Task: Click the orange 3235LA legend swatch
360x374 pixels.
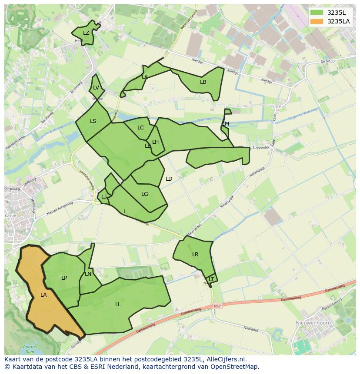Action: (317, 21)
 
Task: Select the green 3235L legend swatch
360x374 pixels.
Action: (317, 12)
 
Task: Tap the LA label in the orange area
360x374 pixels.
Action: (43, 295)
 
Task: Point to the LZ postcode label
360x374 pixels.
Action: (86, 33)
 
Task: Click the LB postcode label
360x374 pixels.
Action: (203, 82)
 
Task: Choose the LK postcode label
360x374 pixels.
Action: (145, 77)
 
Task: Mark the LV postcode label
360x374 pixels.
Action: (96, 88)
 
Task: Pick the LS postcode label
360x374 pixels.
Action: (93, 121)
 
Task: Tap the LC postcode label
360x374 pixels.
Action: (140, 128)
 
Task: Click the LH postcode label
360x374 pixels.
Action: (155, 142)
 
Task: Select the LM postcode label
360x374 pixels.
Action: (226, 124)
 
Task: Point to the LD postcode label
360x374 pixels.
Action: (169, 179)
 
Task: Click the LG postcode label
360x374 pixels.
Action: (145, 194)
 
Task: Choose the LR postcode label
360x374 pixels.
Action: (195, 255)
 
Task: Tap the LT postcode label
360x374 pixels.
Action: (212, 279)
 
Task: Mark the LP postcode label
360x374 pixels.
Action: (64, 278)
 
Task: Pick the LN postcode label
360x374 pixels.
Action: (88, 274)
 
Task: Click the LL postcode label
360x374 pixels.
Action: (118, 304)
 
